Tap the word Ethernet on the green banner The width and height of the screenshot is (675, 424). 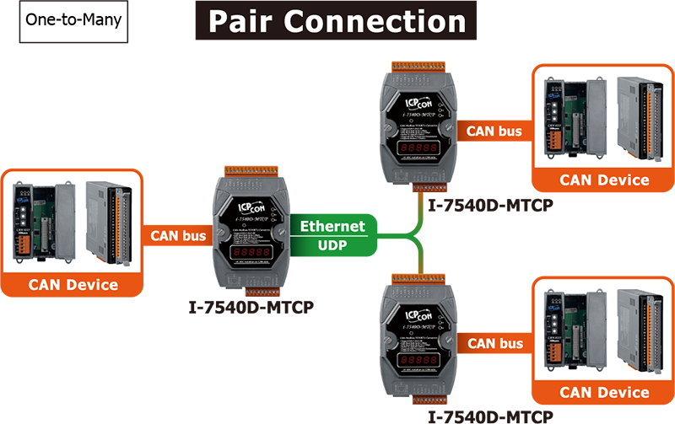click(x=333, y=226)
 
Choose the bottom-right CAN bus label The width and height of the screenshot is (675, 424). click(x=495, y=343)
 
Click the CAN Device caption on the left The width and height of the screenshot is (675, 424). click(x=73, y=284)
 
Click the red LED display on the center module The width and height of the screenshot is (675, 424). click(x=248, y=251)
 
